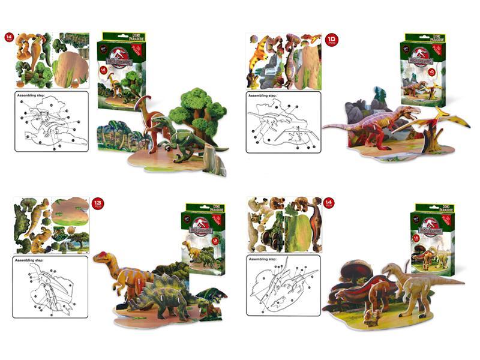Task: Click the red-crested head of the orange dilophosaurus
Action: click(x=102, y=258)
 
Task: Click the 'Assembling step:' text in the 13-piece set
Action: click(x=34, y=262)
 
